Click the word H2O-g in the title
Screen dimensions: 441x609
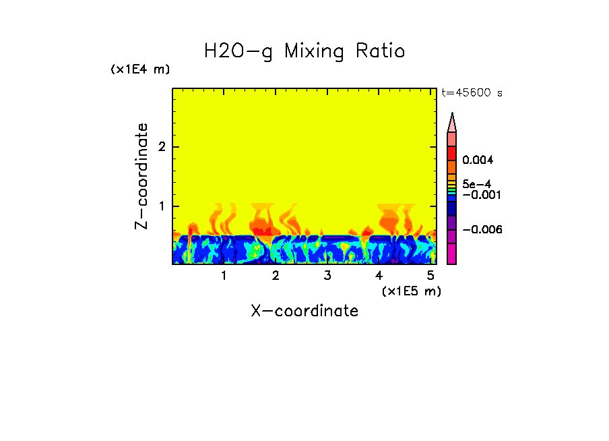(x=238, y=52)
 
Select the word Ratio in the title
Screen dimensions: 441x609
(x=380, y=51)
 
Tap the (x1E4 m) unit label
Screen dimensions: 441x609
(x=140, y=69)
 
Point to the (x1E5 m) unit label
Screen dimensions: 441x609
(x=411, y=291)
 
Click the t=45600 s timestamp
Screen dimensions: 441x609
(x=472, y=93)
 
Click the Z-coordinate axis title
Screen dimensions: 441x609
(x=141, y=176)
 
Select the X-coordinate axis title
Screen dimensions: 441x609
(x=304, y=311)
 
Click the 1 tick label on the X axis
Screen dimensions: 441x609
(x=224, y=276)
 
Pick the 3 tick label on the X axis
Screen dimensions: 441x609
(x=327, y=276)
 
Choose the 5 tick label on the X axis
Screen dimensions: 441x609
(x=430, y=276)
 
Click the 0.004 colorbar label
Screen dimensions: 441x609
(x=479, y=160)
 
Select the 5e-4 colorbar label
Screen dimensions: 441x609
(x=478, y=183)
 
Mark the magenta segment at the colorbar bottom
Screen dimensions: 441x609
(x=452, y=254)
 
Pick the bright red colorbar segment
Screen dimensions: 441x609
(x=452, y=153)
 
